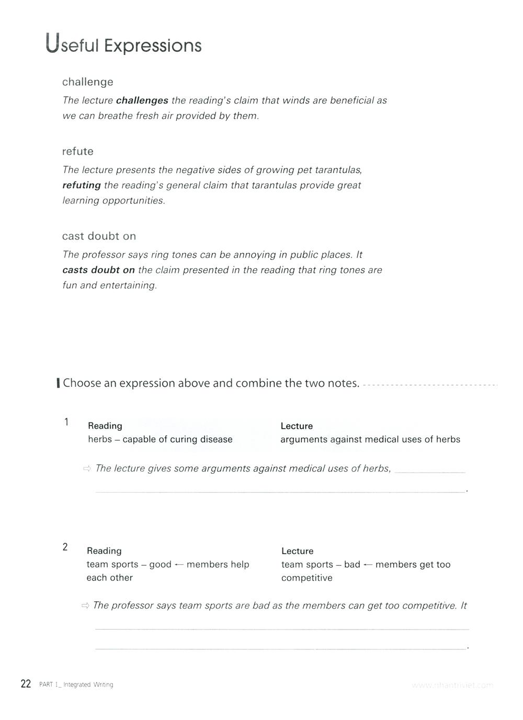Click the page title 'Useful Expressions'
tap(123, 45)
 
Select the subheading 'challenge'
tap(87, 82)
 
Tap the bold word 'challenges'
tap(142, 100)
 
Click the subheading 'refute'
tap(77, 152)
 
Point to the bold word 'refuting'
tap(81, 185)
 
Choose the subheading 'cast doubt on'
tap(99, 236)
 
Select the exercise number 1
tap(66, 422)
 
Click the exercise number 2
tap(65, 547)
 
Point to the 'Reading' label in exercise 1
tap(105, 426)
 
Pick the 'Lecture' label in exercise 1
tap(297, 426)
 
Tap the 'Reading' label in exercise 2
tap(104, 551)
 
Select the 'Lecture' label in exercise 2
tap(297, 551)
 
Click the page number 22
tap(26, 684)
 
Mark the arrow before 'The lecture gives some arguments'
tap(87, 468)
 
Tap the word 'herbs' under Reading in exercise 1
tap(100, 439)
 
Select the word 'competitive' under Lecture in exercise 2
tap(306, 578)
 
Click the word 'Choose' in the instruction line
tap(82, 383)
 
